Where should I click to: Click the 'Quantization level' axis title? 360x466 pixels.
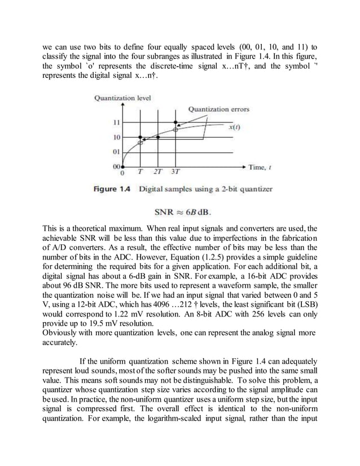(x=122, y=98)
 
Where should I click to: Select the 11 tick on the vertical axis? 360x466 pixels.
(x=116, y=122)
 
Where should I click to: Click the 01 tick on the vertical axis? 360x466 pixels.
(x=116, y=152)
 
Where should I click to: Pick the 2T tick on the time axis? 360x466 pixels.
(x=158, y=172)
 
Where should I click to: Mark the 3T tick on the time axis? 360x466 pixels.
(x=176, y=172)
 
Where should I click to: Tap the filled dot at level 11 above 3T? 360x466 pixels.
(x=176, y=122)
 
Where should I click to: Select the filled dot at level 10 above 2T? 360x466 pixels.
(x=158, y=137)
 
